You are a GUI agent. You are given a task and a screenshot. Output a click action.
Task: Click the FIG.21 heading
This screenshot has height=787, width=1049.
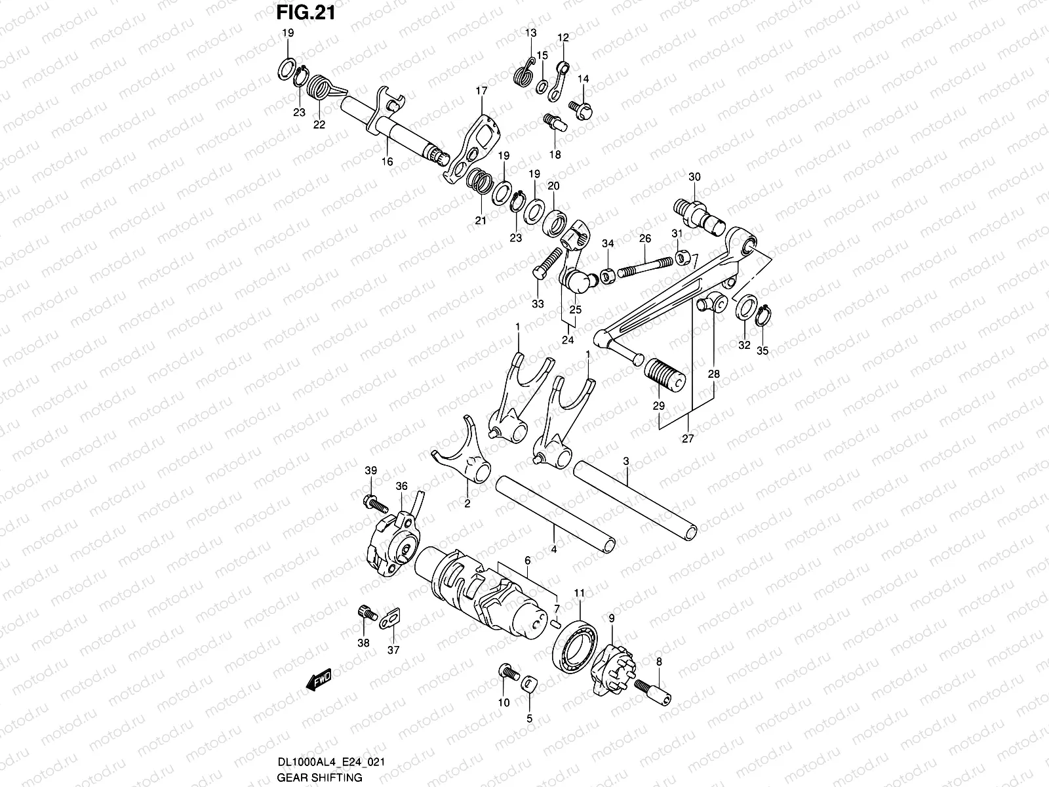coord(306,12)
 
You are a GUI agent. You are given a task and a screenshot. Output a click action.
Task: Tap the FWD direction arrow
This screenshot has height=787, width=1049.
coord(319,679)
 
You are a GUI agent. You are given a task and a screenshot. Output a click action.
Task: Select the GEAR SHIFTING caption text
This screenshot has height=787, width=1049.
coord(319,777)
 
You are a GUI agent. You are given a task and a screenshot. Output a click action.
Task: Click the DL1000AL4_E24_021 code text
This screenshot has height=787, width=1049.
coord(330,761)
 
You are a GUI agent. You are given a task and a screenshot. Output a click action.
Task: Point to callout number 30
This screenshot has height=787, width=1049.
coord(694,177)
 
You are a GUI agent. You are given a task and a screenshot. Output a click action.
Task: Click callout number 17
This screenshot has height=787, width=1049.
coord(481,91)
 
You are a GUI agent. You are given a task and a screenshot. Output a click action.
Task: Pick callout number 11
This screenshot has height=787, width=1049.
coord(579,593)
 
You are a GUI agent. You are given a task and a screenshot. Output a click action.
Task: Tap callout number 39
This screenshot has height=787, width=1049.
coord(371,470)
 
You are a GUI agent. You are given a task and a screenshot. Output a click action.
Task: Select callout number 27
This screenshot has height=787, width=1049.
coord(688,438)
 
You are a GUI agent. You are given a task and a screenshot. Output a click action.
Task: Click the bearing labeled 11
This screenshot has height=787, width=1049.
coord(575,646)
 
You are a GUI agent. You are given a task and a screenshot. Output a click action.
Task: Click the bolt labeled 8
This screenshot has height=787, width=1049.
coord(653,692)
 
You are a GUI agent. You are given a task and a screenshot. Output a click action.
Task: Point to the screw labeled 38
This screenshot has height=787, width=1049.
coord(367,613)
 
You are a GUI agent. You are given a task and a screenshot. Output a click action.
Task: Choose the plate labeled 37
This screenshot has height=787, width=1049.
coord(390,618)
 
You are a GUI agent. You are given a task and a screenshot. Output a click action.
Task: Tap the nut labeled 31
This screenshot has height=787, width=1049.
coord(682,257)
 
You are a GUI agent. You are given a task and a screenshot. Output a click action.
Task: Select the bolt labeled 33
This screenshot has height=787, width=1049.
coord(548,264)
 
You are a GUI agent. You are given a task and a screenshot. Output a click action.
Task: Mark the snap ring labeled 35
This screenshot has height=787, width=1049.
coord(762,315)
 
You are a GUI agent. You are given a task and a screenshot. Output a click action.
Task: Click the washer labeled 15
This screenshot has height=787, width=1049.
coord(542,87)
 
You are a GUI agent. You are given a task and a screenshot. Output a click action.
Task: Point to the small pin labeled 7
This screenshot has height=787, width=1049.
coord(555,623)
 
